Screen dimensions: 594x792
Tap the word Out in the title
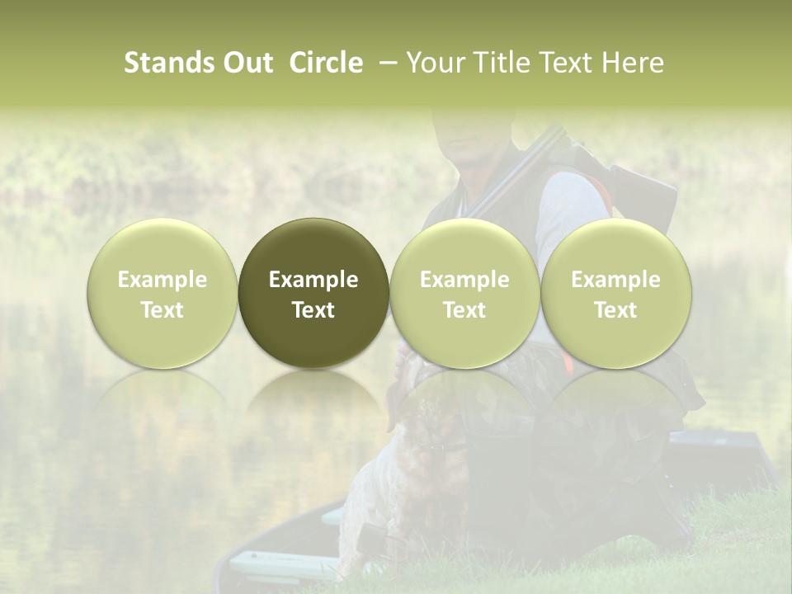pos(247,63)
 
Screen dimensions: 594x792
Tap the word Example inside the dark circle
pos(313,280)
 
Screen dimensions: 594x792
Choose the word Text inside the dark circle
pos(313,310)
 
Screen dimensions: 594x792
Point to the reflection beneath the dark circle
pos(313,396)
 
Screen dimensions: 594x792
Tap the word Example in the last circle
pos(616,280)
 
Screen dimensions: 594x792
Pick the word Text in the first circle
pos(163,310)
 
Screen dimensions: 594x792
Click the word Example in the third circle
pos(464,280)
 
